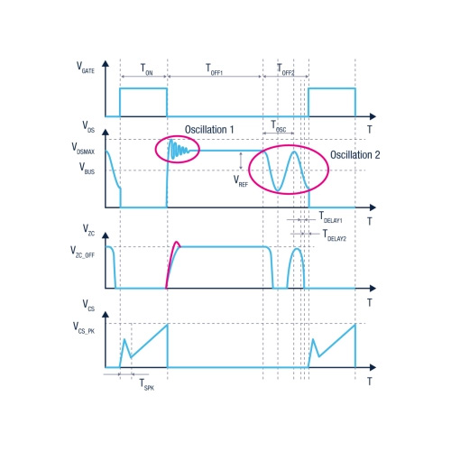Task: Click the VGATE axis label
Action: pyautogui.click(x=86, y=68)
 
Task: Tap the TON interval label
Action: pyautogui.click(x=147, y=69)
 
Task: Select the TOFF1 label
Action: pyautogui.click(x=214, y=69)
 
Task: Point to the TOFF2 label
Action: pyautogui.click(x=285, y=69)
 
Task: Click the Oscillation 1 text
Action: pyautogui.click(x=209, y=130)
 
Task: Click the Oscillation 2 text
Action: pyautogui.click(x=355, y=155)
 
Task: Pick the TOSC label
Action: pyautogui.click(x=279, y=126)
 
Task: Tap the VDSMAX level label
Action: pyautogui.click(x=83, y=149)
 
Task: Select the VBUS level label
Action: pyautogui.click(x=87, y=169)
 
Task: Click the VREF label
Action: pyautogui.click(x=241, y=181)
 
